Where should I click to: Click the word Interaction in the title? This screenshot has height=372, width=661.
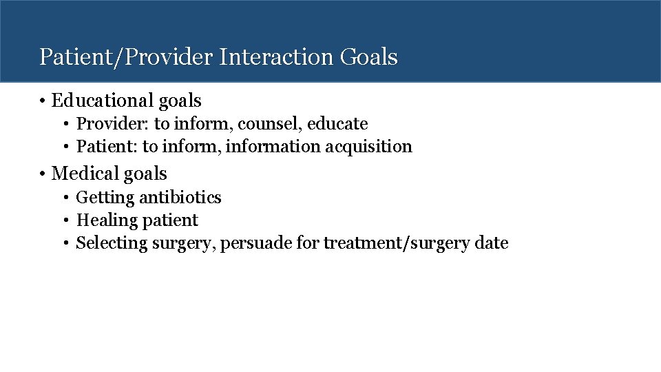pos(277,57)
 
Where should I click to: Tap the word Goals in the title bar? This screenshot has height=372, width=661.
pos(368,57)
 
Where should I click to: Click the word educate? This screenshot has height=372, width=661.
pos(337,124)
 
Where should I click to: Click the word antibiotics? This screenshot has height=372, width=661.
pos(180,198)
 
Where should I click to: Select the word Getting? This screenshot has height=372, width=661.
pos(105,198)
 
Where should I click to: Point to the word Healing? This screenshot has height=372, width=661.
pos(107,220)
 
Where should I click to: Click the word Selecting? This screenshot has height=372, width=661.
pos(109,243)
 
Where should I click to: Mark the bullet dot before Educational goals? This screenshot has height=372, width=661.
pos(43,102)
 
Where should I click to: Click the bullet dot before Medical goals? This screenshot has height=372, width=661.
pos(43,174)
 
